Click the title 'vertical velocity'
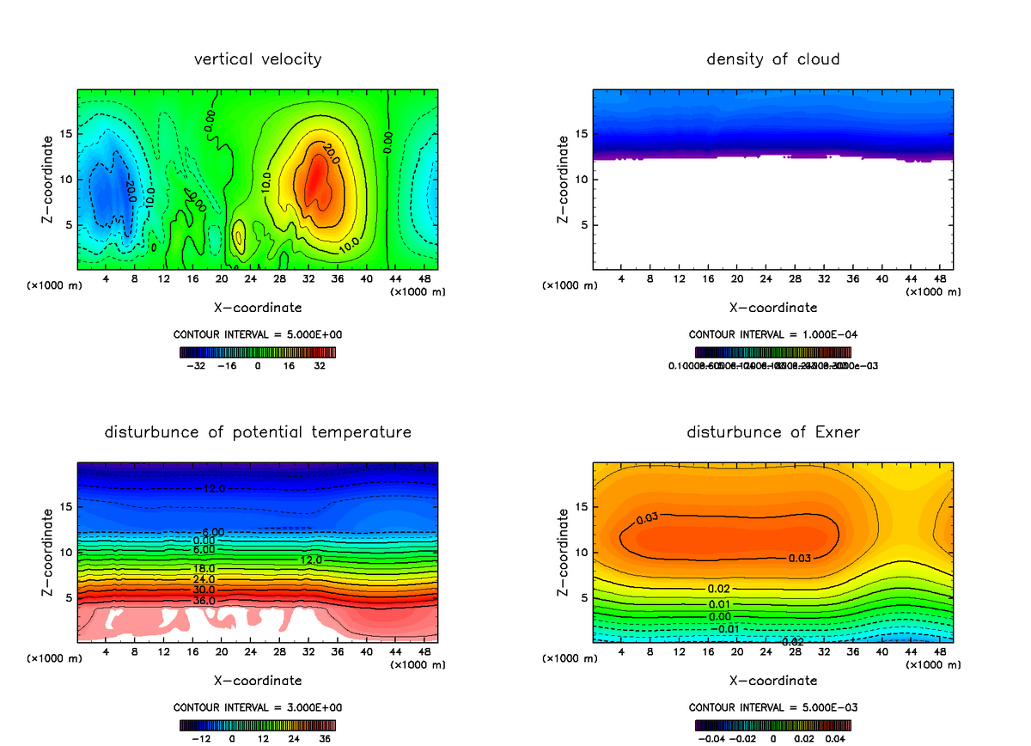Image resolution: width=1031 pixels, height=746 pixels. point(258,59)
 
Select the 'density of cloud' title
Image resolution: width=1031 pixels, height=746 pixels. point(773,59)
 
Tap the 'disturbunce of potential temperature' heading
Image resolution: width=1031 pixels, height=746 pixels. point(258,431)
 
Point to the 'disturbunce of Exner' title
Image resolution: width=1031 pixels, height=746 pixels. point(773,431)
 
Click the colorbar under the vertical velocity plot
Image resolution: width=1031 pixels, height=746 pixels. point(258,352)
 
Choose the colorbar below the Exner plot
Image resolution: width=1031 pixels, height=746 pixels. point(773,725)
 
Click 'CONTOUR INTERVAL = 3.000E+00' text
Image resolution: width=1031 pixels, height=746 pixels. point(258,707)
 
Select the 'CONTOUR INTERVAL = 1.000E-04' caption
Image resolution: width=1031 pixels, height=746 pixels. point(773,334)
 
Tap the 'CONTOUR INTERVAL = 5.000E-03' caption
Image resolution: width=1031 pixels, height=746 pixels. point(773,707)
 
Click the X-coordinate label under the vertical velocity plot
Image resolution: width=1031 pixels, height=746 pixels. point(258,307)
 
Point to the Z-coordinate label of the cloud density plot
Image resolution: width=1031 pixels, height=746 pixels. point(564,180)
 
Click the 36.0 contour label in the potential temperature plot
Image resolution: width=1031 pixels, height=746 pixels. point(204,601)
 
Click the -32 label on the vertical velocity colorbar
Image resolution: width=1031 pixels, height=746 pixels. point(198,365)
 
